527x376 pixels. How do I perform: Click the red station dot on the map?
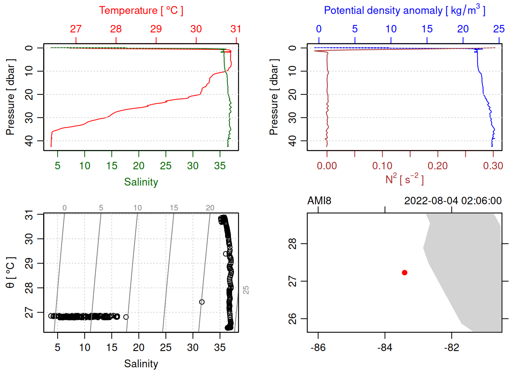pos(404,273)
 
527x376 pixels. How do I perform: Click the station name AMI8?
pos(319,201)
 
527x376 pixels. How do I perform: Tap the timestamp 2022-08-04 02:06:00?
pos(453,201)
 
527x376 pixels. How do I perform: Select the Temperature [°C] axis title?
pos(141,11)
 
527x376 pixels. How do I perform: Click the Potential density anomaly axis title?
pos(405,11)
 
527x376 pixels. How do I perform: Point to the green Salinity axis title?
pos(141,182)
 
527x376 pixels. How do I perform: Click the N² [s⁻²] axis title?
pos(405,179)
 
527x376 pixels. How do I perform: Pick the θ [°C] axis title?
pos(11,273)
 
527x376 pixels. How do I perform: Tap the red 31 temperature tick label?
pos(236,29)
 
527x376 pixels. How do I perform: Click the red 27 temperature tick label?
pos(76,29)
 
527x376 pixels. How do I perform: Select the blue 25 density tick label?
pos(499,29)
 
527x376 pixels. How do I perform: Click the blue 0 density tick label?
pos(319,29)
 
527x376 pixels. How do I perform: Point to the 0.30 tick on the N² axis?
pos(493,166)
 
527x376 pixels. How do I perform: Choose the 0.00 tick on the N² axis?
pos(327,166)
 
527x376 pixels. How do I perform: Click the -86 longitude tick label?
pos(318,348)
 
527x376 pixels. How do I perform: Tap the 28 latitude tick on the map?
pos(293,244)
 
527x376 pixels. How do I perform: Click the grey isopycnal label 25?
pos(246,290)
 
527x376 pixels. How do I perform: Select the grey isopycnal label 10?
pos(138,208)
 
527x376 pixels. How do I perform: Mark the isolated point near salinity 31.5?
pos(202,302)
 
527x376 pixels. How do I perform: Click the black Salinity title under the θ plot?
pos(141,364)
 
